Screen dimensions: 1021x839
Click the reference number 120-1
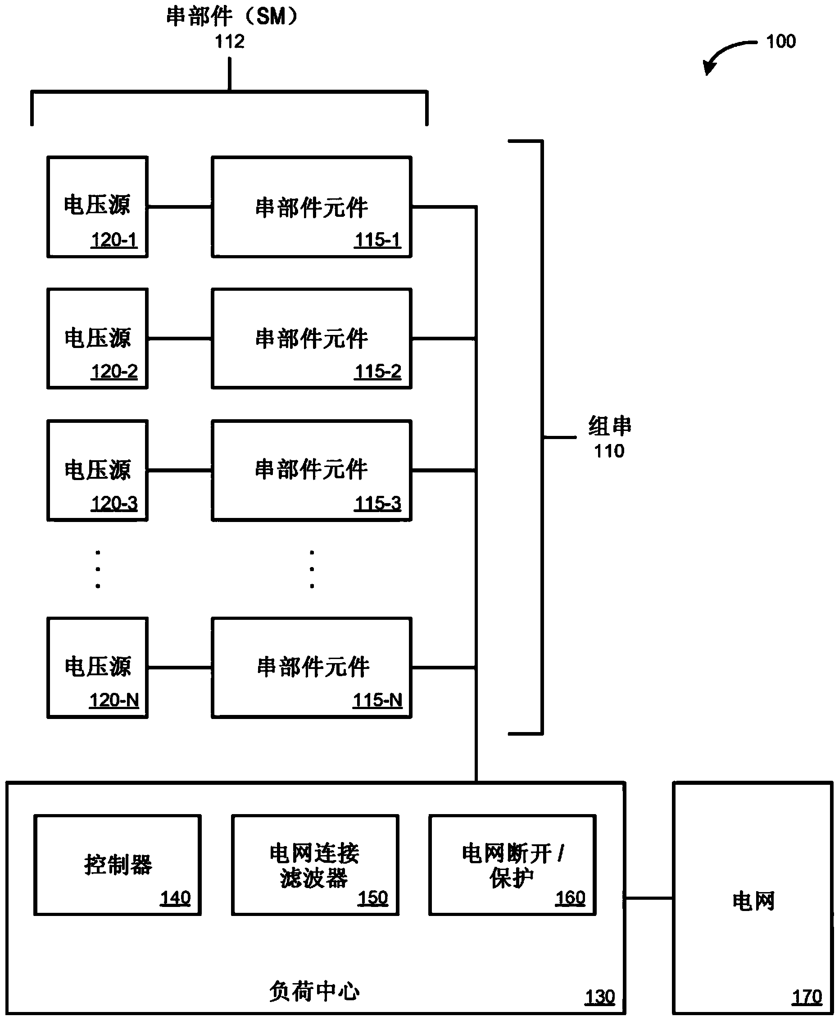coord(114,240)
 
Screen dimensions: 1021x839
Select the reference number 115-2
coord(377,371)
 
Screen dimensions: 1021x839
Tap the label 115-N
coord(377,701)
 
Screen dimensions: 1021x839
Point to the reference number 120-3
coord(114,504)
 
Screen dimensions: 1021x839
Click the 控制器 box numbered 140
coord(118,865)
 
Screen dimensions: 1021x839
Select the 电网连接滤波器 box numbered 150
coord(315,865)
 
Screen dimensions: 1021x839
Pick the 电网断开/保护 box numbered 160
coord(512,865)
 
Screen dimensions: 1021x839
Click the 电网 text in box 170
coord(753,902)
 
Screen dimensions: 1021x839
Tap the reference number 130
coord(600,997)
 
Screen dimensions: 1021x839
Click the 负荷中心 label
coord(314,992)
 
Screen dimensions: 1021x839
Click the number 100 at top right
coord(781,41)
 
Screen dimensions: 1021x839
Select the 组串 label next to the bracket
coord(610,426)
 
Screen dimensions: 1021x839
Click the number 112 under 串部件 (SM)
coord(230,42)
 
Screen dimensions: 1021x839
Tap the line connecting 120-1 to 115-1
coord(179,207)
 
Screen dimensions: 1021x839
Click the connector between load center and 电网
coord(649,898)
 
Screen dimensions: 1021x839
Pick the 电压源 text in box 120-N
coord(98,667)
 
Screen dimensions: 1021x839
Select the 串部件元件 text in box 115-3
coord(311,470)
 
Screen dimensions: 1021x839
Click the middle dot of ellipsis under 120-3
coord(98,569)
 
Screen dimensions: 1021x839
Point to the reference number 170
coord(807,997)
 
